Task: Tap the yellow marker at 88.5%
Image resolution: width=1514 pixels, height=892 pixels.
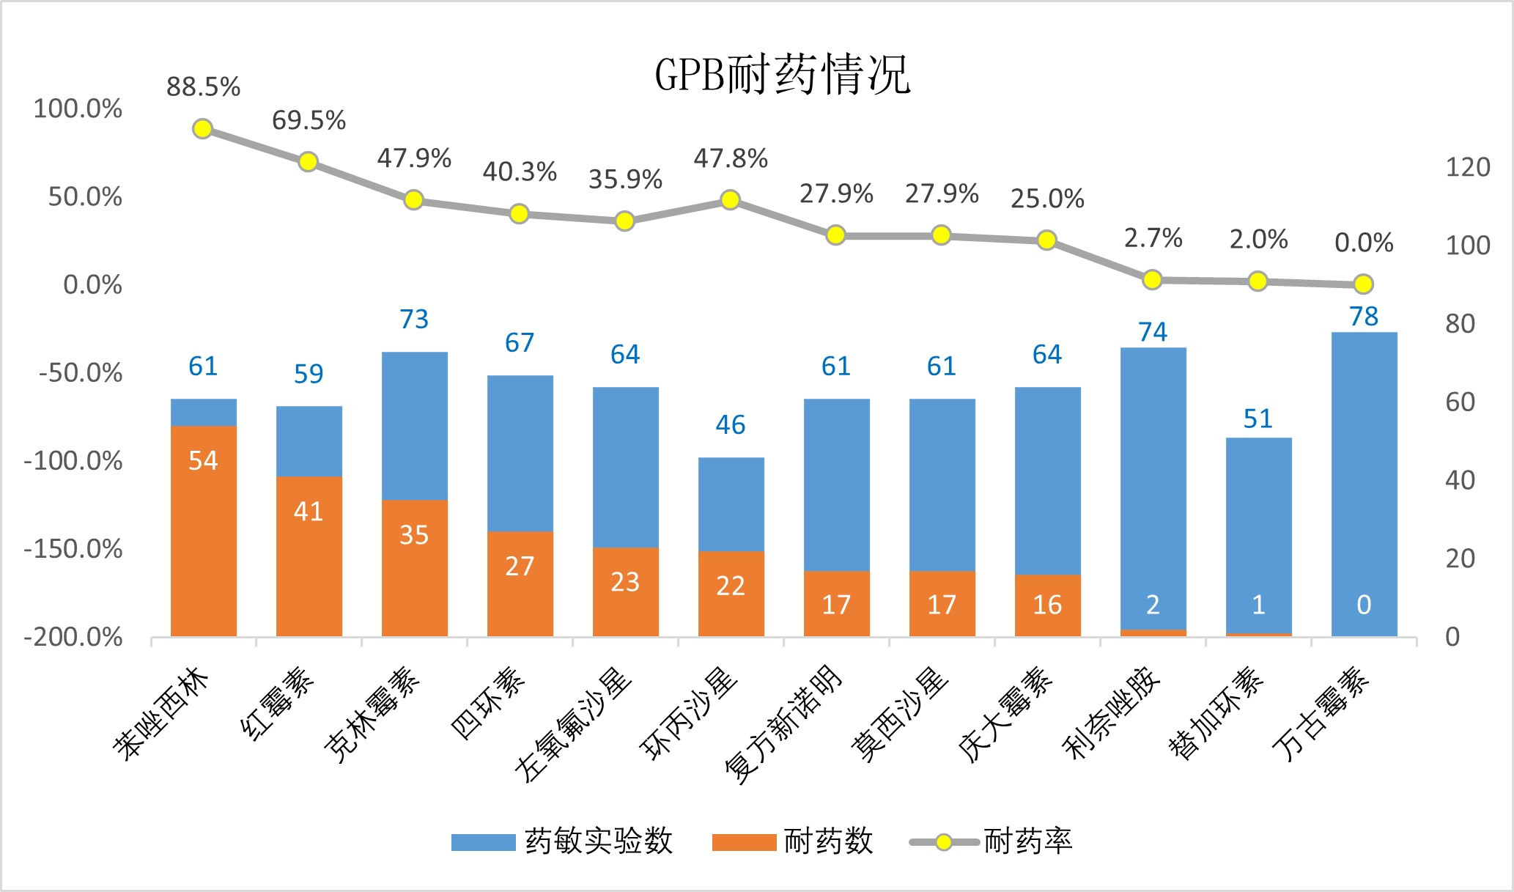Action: (203, 129)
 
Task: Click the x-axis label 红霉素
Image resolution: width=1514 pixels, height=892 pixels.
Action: (278, 704)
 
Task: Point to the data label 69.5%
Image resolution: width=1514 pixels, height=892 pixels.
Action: (309, 120)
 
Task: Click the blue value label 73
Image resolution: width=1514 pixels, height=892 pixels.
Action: (414, 319)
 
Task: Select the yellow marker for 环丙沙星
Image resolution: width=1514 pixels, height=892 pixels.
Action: (730, 200)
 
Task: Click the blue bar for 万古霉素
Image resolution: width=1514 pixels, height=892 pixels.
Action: (1364, 484)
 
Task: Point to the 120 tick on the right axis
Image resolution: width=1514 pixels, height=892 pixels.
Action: (1467, 167)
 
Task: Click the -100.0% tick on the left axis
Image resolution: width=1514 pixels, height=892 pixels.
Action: (73, 461)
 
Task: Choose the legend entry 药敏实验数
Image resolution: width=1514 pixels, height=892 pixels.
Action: (561, 841)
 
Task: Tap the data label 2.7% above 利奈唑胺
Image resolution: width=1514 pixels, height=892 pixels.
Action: (1153, 238)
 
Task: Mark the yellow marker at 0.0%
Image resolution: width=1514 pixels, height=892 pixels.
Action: (1363, 284)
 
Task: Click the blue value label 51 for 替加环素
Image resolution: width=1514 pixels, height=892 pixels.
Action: (1258, 419)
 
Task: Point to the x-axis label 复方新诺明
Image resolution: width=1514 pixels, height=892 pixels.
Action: (784, 726)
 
